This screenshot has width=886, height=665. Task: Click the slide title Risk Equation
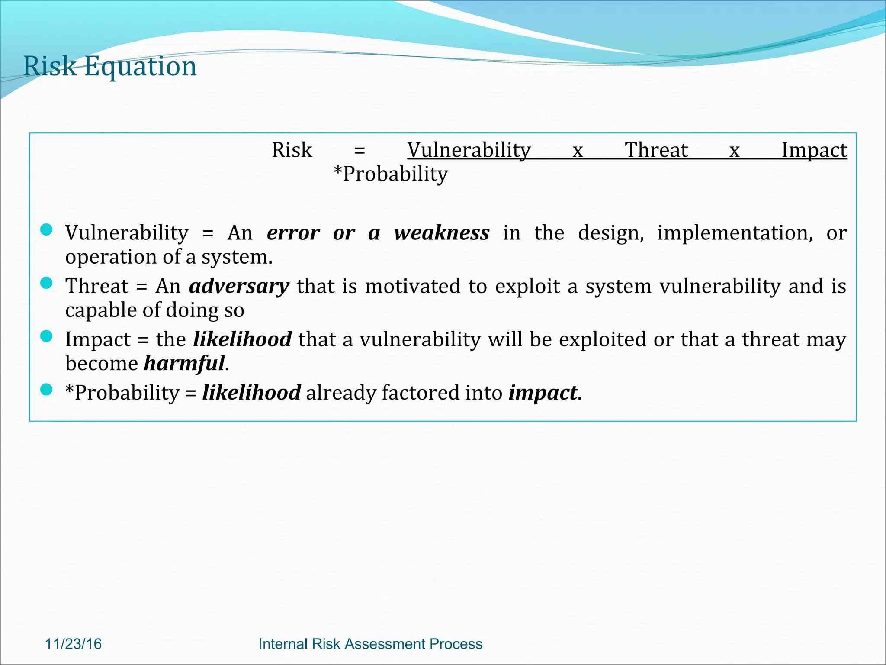coord(110,67)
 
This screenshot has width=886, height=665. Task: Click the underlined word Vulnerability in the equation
coord(469,151)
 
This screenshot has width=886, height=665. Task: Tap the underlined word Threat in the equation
coord(656,151)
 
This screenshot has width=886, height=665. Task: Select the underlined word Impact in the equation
coord(814,151)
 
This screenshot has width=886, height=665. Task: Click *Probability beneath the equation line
coord(391,174)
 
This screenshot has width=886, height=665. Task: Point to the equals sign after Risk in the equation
coord(360,151)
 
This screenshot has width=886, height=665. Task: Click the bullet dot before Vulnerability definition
coord(46,229)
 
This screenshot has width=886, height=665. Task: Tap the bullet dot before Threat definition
coord(46,283)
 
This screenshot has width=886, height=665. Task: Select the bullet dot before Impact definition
coord(46,336)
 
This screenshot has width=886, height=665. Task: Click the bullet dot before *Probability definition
coord(46,390)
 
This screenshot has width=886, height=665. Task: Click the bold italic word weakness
coord(442,233)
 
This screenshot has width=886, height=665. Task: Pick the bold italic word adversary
coord(239,287)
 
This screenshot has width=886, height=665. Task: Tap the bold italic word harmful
coord(184,363)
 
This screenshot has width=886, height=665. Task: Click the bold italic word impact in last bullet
coord(543,393)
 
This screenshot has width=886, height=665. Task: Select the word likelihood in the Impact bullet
coord(242,339)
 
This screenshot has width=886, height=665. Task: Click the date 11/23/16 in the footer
coord(73,644)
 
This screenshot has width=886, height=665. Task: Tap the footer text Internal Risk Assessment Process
coord(370,644)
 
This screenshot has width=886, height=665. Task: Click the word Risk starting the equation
coord(292,151)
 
